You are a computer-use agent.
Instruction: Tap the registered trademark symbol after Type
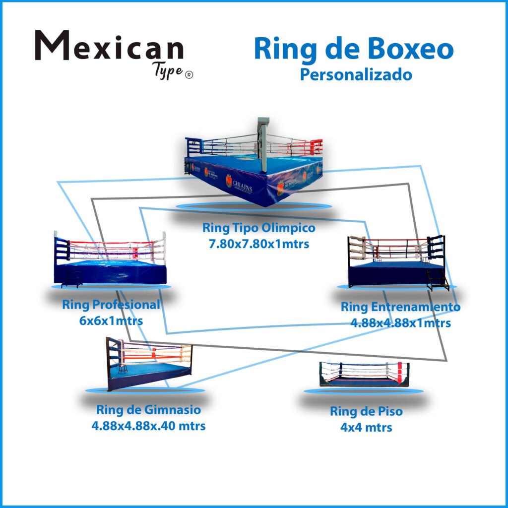[x=189, y=74]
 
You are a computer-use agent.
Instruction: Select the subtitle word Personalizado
[x=356, y=75]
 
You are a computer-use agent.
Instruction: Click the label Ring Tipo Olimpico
[x=258, y=229]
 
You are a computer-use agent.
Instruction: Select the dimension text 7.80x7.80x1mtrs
[x=258, y=244]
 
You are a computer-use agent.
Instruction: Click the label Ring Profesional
[x=111, y=305]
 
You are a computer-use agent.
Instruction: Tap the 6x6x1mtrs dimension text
[x=111, y=320]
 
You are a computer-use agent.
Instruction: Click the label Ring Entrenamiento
[x=400, y=307]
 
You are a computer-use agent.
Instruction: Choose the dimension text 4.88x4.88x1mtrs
[x=400, y=323]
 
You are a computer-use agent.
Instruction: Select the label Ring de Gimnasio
[x=148, y=410]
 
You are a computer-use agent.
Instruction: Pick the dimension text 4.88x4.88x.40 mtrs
[x=148, y=426]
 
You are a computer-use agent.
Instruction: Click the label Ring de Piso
[x=366, y=411]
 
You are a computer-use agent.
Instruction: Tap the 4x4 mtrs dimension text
[x=366, y=427]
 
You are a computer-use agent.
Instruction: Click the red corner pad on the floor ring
[x=400, y=371]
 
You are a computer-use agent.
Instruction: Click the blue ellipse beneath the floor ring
[x=364, y=391]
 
